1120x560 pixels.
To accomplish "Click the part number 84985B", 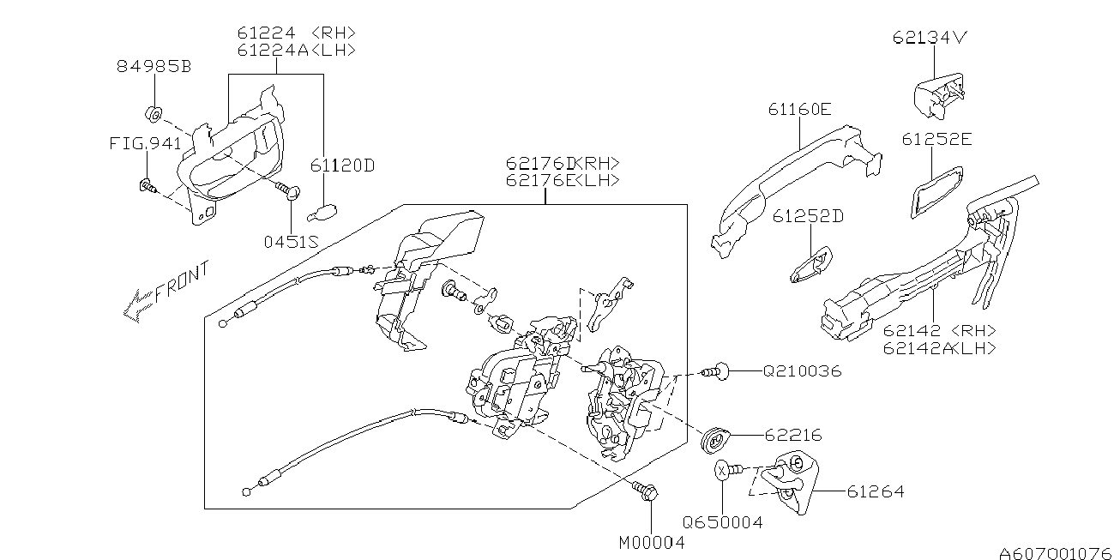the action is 154,66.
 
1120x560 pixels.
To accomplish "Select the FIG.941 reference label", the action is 145,143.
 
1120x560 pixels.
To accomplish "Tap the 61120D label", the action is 342,166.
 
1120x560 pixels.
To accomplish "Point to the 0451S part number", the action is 291,242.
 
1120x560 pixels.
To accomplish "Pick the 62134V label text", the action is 930,38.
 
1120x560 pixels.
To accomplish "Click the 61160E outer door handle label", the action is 799,109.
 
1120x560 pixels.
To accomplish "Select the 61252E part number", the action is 937,139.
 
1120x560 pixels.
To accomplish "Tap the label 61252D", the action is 808,216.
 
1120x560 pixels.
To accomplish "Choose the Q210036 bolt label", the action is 802,371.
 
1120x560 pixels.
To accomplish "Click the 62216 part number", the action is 793,436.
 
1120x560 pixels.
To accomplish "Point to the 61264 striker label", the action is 876,492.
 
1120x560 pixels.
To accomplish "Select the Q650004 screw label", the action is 723,522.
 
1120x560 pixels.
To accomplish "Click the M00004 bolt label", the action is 652,543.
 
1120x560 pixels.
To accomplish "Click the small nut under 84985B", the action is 154,115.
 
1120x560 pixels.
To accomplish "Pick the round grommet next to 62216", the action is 715,441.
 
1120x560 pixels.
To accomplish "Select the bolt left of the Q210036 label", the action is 715,371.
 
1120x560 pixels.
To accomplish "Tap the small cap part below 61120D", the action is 322,213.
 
